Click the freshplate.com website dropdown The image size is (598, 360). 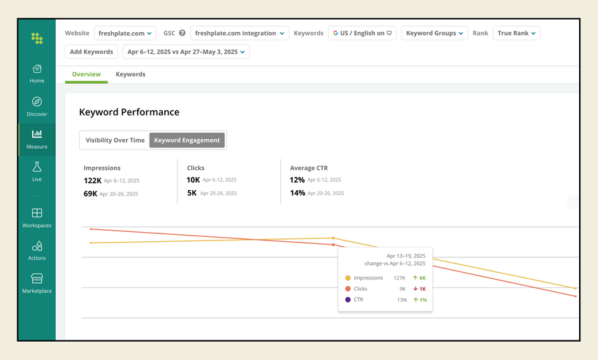(126, 33)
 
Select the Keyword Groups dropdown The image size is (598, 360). (435, 33)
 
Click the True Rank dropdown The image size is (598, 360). (516, 33)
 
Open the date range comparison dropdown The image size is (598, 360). (186, 52)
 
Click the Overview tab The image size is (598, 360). (87, 74)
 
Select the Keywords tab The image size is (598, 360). (131, 74)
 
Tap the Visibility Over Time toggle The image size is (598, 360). (115, 140)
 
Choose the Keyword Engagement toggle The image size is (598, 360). (187, 140)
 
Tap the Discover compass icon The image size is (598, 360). (37, 102)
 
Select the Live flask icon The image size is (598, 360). (37, 167)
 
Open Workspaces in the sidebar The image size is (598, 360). (37, 213)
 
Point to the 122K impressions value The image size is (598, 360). (92, 180)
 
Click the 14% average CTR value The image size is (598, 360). (298, 193)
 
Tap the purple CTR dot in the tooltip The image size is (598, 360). (348, 300)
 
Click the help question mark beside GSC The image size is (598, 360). (182, 33)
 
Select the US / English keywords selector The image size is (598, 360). (362, 33)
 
